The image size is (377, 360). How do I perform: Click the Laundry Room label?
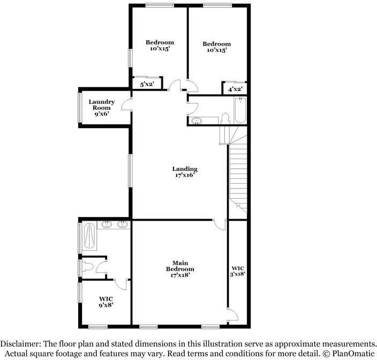pos(101,108)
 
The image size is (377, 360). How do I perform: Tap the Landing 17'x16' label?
pos(185,172)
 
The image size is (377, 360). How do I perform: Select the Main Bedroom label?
pos(180,269)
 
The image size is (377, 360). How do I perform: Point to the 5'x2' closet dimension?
pos(147,84)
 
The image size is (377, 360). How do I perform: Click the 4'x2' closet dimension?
pos(235,89)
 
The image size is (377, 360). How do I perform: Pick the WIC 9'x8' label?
pos(106,302)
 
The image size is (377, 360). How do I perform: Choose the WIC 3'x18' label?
pos(238,271)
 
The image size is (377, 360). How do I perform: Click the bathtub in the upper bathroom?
pos(240,110)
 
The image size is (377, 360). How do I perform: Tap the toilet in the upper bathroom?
pos(225,119)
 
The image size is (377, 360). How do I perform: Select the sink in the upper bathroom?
pos(197,121)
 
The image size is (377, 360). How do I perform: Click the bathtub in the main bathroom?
pos(89,236)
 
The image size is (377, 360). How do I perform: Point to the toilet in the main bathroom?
pos(87,267)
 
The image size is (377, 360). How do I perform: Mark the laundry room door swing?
pos(126,104)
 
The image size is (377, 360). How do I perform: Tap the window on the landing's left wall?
pos(130,171)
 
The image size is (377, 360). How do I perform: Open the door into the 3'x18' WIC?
pos(233,315)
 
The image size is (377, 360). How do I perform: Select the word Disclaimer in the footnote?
pos(20,343)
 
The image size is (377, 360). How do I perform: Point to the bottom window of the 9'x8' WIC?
pos(97,327)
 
